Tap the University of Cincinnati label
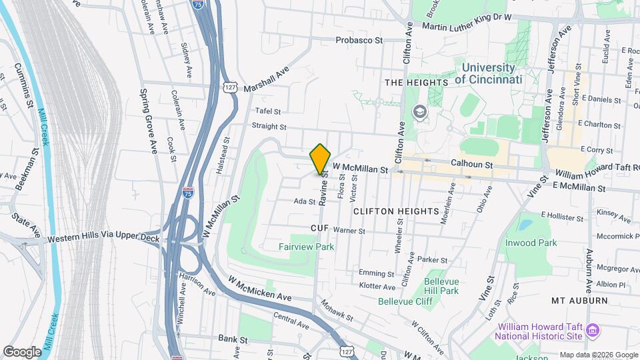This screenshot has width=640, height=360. click(489, 73)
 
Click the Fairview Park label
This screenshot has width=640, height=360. click(306, 247)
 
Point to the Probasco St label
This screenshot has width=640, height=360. click(359, 40)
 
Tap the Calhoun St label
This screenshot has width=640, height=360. click(471, 163)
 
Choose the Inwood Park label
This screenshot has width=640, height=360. click(531, 243)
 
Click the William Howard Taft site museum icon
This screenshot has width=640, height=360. click(592, 329)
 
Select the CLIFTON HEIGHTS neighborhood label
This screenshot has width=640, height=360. click(396, 211)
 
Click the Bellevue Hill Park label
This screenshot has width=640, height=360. click(441, 286)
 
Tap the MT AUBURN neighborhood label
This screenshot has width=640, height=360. click(579, 301)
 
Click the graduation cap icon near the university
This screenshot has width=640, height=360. click(419, 111)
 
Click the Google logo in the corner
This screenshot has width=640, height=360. click(22, 351)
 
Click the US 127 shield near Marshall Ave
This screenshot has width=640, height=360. click(230, 87)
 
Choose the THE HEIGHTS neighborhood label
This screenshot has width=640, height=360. click(416, 82)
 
